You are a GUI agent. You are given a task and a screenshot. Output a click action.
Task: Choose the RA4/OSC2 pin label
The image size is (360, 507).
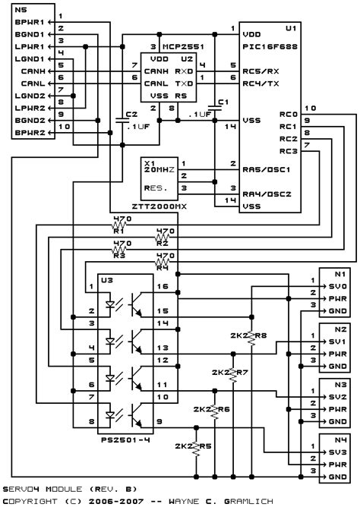click(x=265, y=192)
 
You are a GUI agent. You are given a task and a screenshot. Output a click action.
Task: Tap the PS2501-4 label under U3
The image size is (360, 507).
click(x=125, y=438)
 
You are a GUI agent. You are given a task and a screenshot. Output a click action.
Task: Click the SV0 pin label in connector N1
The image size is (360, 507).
click(x=338, y=286)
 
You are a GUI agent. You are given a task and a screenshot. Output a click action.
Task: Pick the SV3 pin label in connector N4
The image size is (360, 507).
click(x=338, y=452)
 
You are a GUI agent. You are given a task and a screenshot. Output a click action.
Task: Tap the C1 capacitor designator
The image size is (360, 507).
click(x=222, y=101)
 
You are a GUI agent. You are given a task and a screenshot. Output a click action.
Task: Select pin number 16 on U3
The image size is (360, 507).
click(x=163, y=286)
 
